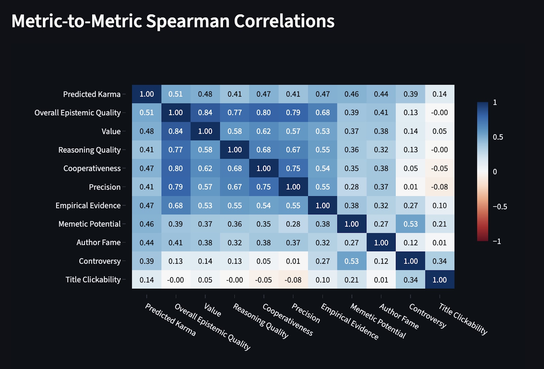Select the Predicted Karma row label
click(x=92, y=94)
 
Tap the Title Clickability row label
click(x=93, y=280)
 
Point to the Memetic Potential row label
click(x=89, y=224)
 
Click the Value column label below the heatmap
click(x=213, y=310)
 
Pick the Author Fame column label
click(x=399, y=317)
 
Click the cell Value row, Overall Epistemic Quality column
click(x=176, y=131)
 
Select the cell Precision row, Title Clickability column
click(x=440, y=187)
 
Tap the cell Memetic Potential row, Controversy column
click(x=410, y=224)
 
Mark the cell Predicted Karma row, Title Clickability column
click(x=440, y=94)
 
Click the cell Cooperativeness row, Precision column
click(x=293, y=169)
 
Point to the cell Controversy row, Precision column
click(x=293, y=261)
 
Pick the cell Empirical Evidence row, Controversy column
click(x=410, y=206)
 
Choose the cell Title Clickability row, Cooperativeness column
click(x=263, y=280)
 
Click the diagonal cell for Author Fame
click(x=381, y=243)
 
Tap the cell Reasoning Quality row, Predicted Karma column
click(x=147, y=150)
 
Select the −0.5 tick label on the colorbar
click(x=500, y=207)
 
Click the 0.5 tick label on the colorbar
click(x=498, y=137)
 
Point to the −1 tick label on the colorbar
click(x=497, y=241)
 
